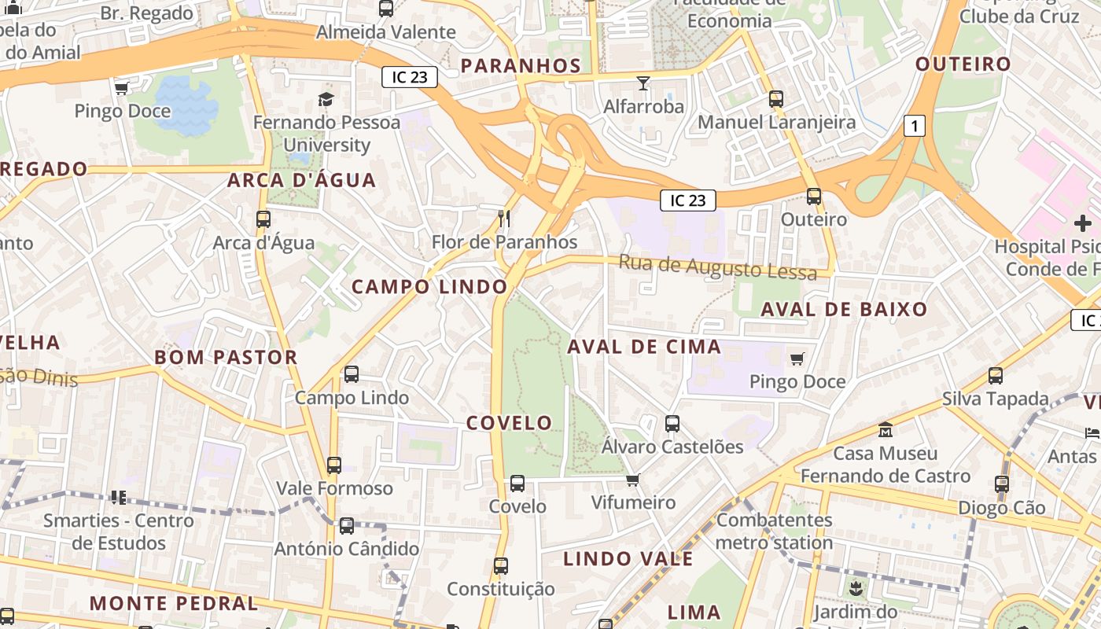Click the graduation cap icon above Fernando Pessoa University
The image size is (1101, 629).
(x=326, y=99)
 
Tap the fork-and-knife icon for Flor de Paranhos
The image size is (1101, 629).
(x=505, y=218)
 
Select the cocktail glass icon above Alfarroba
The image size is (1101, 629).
(x=643, y=83)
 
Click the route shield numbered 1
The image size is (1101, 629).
(x=914, y=125)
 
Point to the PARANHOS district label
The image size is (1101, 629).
(x=521, y=65)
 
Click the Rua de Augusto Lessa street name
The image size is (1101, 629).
(x=718, y=267)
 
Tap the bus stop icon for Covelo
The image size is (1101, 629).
(x=517, y=484)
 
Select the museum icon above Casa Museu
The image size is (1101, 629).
(x=886, y=430)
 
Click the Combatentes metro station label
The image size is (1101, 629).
(x=774, y=531)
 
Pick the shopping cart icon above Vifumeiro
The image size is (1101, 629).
(x=632, y=480)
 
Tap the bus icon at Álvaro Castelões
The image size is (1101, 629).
(x=672, y=424)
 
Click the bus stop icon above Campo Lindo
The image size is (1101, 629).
(x=352, y=374)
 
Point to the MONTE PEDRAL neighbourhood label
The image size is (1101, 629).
(x=173, y=604)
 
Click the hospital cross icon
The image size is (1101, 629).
(x=1083, y=223)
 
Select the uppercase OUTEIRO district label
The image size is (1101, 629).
(x=963, y=64)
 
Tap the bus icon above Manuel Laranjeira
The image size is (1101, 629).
(x=776, y=99)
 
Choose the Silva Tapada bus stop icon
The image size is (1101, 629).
(x=996, y=376)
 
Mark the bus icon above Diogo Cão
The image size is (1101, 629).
(x=1001, y=484)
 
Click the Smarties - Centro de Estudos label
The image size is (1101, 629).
(x=119, y=532)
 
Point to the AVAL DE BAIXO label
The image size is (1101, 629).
(x=844, y=309)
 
